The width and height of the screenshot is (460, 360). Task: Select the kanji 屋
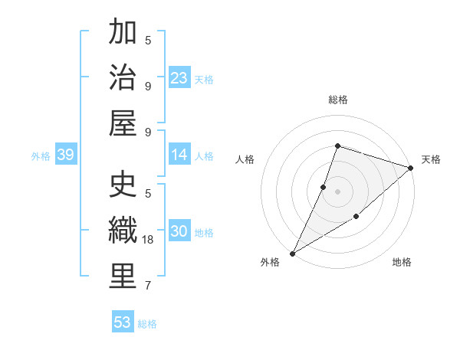pos(123,123)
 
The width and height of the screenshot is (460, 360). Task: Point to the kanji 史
pos(123,186)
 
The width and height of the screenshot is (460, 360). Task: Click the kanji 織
pos(123,231)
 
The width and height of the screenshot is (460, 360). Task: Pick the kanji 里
pos(123,277)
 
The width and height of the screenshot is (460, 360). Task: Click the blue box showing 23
pos(179,77)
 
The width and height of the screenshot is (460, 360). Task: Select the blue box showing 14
pos(179,155)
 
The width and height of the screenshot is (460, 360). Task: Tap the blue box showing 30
pos(179,231)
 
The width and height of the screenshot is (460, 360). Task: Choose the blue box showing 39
pos(65,155)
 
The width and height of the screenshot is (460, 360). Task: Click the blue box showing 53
pos(123,322)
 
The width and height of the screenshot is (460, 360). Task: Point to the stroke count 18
pos(149,240)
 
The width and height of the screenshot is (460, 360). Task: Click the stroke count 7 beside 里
pos(148,286)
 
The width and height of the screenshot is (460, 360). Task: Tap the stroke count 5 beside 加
pos(148,41)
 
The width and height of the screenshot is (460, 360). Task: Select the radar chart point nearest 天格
pos(411,168)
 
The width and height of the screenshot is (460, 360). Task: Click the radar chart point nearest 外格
pos(292,253)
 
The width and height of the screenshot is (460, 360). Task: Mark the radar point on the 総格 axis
pos(337,146)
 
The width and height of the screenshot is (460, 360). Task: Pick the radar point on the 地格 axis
pos(357,218)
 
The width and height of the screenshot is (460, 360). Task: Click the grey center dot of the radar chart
pos(337,191)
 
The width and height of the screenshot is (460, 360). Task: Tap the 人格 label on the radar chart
pos(245,159)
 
